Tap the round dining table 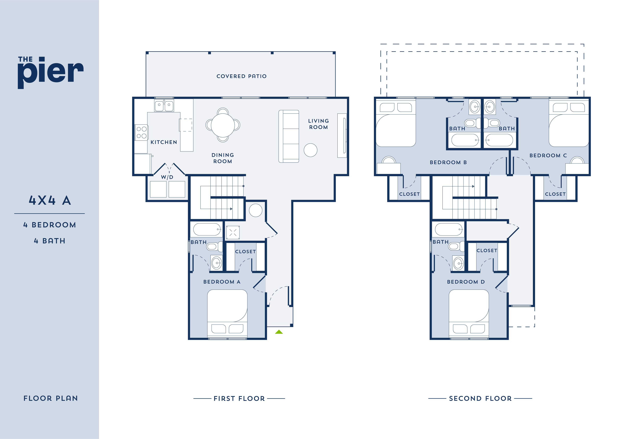[223, 125]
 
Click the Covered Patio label [241, 76]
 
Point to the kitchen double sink [164, 105]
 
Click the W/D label [167, 177]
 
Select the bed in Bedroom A [227, 311]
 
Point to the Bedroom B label [448, 162]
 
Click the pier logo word [51, 72]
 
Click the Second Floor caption [480, 398]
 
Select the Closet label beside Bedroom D [487, 251]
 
